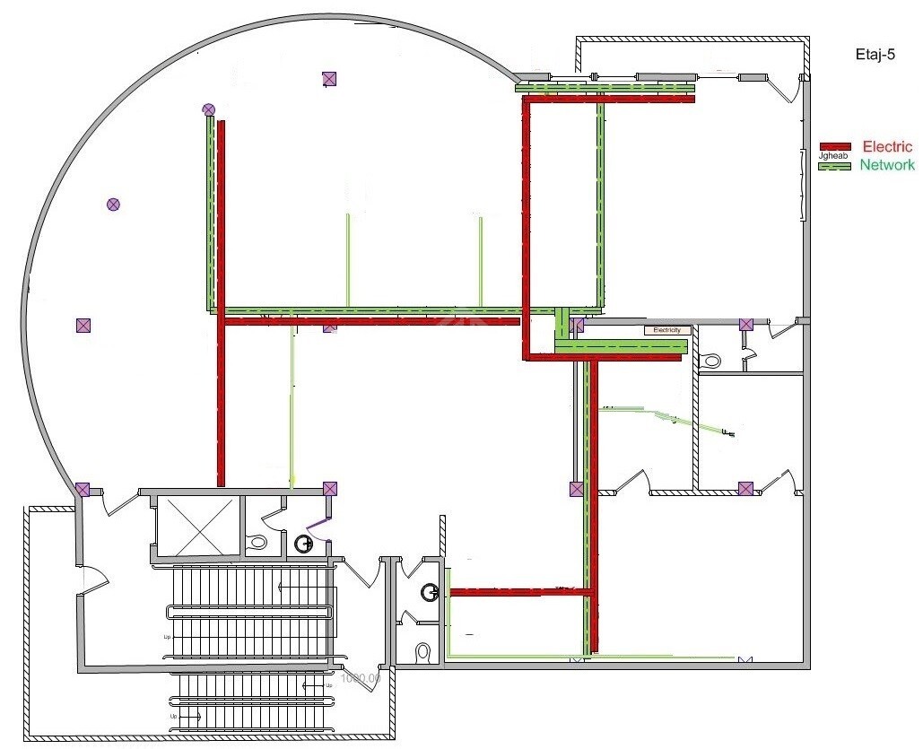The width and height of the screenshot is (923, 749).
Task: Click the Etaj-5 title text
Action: coord(875,54)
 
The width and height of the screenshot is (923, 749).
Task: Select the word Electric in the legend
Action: coord(887,146)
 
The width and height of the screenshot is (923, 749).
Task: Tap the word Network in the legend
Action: coord(887,165)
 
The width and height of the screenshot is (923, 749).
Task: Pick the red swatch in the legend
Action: coord(835,146)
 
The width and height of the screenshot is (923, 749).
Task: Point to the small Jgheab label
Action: coord(833,155)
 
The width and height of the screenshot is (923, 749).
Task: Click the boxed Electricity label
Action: coord(668,330)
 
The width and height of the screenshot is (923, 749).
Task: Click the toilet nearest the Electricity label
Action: coord(713,361)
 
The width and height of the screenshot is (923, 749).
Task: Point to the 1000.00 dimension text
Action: coord(361,678)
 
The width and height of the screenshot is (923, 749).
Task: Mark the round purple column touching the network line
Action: coord(209,109)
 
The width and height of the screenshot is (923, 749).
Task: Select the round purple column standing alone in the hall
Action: coord(113,205)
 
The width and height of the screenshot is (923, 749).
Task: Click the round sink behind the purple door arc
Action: coord(304,542)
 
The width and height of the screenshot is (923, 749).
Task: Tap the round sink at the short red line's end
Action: coord(431,591)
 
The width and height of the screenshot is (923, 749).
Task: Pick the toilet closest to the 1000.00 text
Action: coord(424,650)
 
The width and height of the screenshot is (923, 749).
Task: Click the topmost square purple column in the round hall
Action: coord(329,79)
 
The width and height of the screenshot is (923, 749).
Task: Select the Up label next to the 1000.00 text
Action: coord(328,684)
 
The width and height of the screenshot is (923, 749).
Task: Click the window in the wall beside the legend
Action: coord(801,184)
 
